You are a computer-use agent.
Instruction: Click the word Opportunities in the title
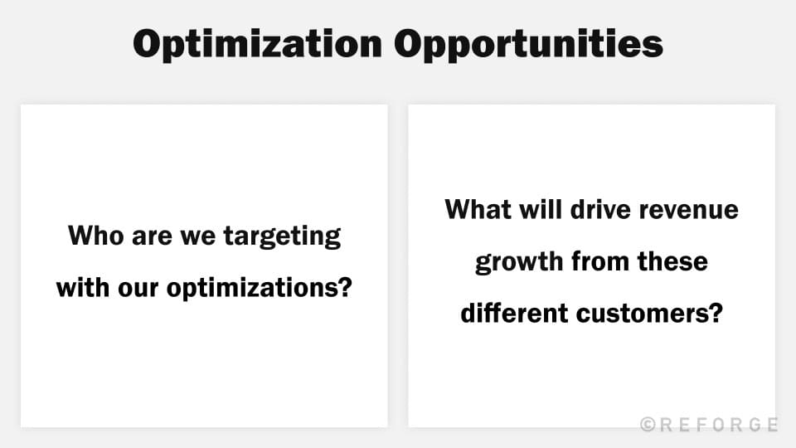point(528,44)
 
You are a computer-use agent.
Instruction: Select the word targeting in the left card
point(282,237)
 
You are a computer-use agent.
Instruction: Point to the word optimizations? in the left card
point(260,290)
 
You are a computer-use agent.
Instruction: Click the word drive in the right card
point(596,208)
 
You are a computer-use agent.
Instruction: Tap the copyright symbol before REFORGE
point(648,425)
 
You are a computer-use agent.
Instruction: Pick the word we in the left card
point(200,237)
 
